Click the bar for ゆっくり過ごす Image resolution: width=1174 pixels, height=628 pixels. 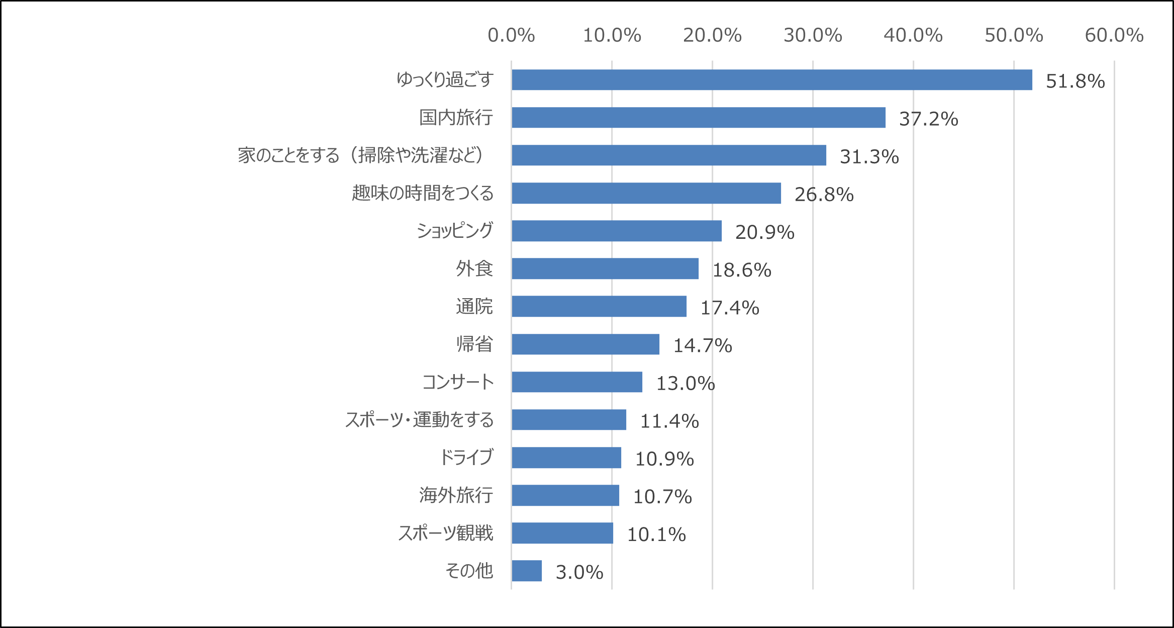(x=771, y=80)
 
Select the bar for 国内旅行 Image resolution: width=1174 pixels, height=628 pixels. (x=699, y=118)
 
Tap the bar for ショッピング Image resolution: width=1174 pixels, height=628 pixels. (x=617, y=231)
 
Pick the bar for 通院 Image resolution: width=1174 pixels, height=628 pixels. (x=599, y=306)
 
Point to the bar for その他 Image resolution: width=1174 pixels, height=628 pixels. (x=527, y=571)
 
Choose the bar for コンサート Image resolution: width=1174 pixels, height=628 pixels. (x=577, y=382)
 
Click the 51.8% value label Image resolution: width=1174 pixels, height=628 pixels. (x=1075, y=81)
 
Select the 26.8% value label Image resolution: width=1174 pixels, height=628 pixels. (x=824, y=195)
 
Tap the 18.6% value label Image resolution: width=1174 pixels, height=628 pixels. (x=742, y=270)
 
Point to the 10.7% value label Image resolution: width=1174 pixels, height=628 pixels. (x=662, y=497)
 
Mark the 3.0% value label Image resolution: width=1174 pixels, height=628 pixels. (x=579, y=572)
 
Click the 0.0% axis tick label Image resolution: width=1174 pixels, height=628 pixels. (x=511, y=35)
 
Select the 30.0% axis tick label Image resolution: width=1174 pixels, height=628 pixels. (x=813, y=35)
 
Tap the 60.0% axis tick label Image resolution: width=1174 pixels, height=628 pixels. (x=1114, y=35)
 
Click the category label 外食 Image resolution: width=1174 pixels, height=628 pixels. (x=474, y=268)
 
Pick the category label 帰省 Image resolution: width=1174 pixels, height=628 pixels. (x=474, y=344)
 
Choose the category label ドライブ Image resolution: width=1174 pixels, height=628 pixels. (x=466, y=458)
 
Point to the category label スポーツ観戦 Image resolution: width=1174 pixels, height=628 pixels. (x=446, y=533)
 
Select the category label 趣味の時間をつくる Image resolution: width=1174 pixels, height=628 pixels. (x=423, y=193)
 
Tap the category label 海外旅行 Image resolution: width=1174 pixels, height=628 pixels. (x=456, y=495)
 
